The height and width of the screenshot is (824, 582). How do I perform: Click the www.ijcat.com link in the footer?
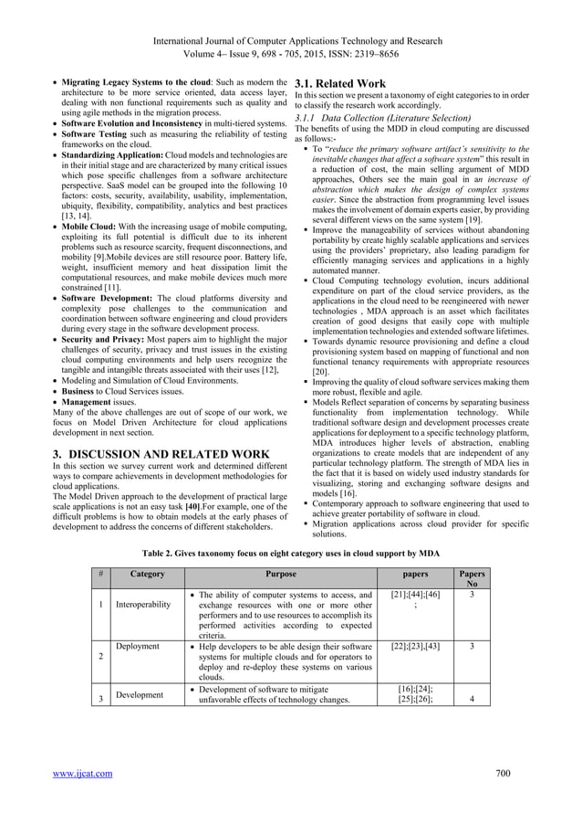pyautogui.click(x=82, y=774)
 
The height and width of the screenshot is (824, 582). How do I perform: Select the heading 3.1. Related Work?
pyautogui.click(x=340, y=84)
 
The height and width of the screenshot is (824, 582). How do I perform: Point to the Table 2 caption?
pyautogui.click(x=291, y=554)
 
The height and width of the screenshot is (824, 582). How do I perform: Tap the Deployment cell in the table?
pyautogui.click(x=139, y=646)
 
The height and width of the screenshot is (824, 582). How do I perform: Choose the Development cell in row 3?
pyautogui.click(x=140, y=694)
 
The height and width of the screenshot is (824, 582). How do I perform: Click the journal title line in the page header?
pyautogui.click(x=291, y=41)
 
